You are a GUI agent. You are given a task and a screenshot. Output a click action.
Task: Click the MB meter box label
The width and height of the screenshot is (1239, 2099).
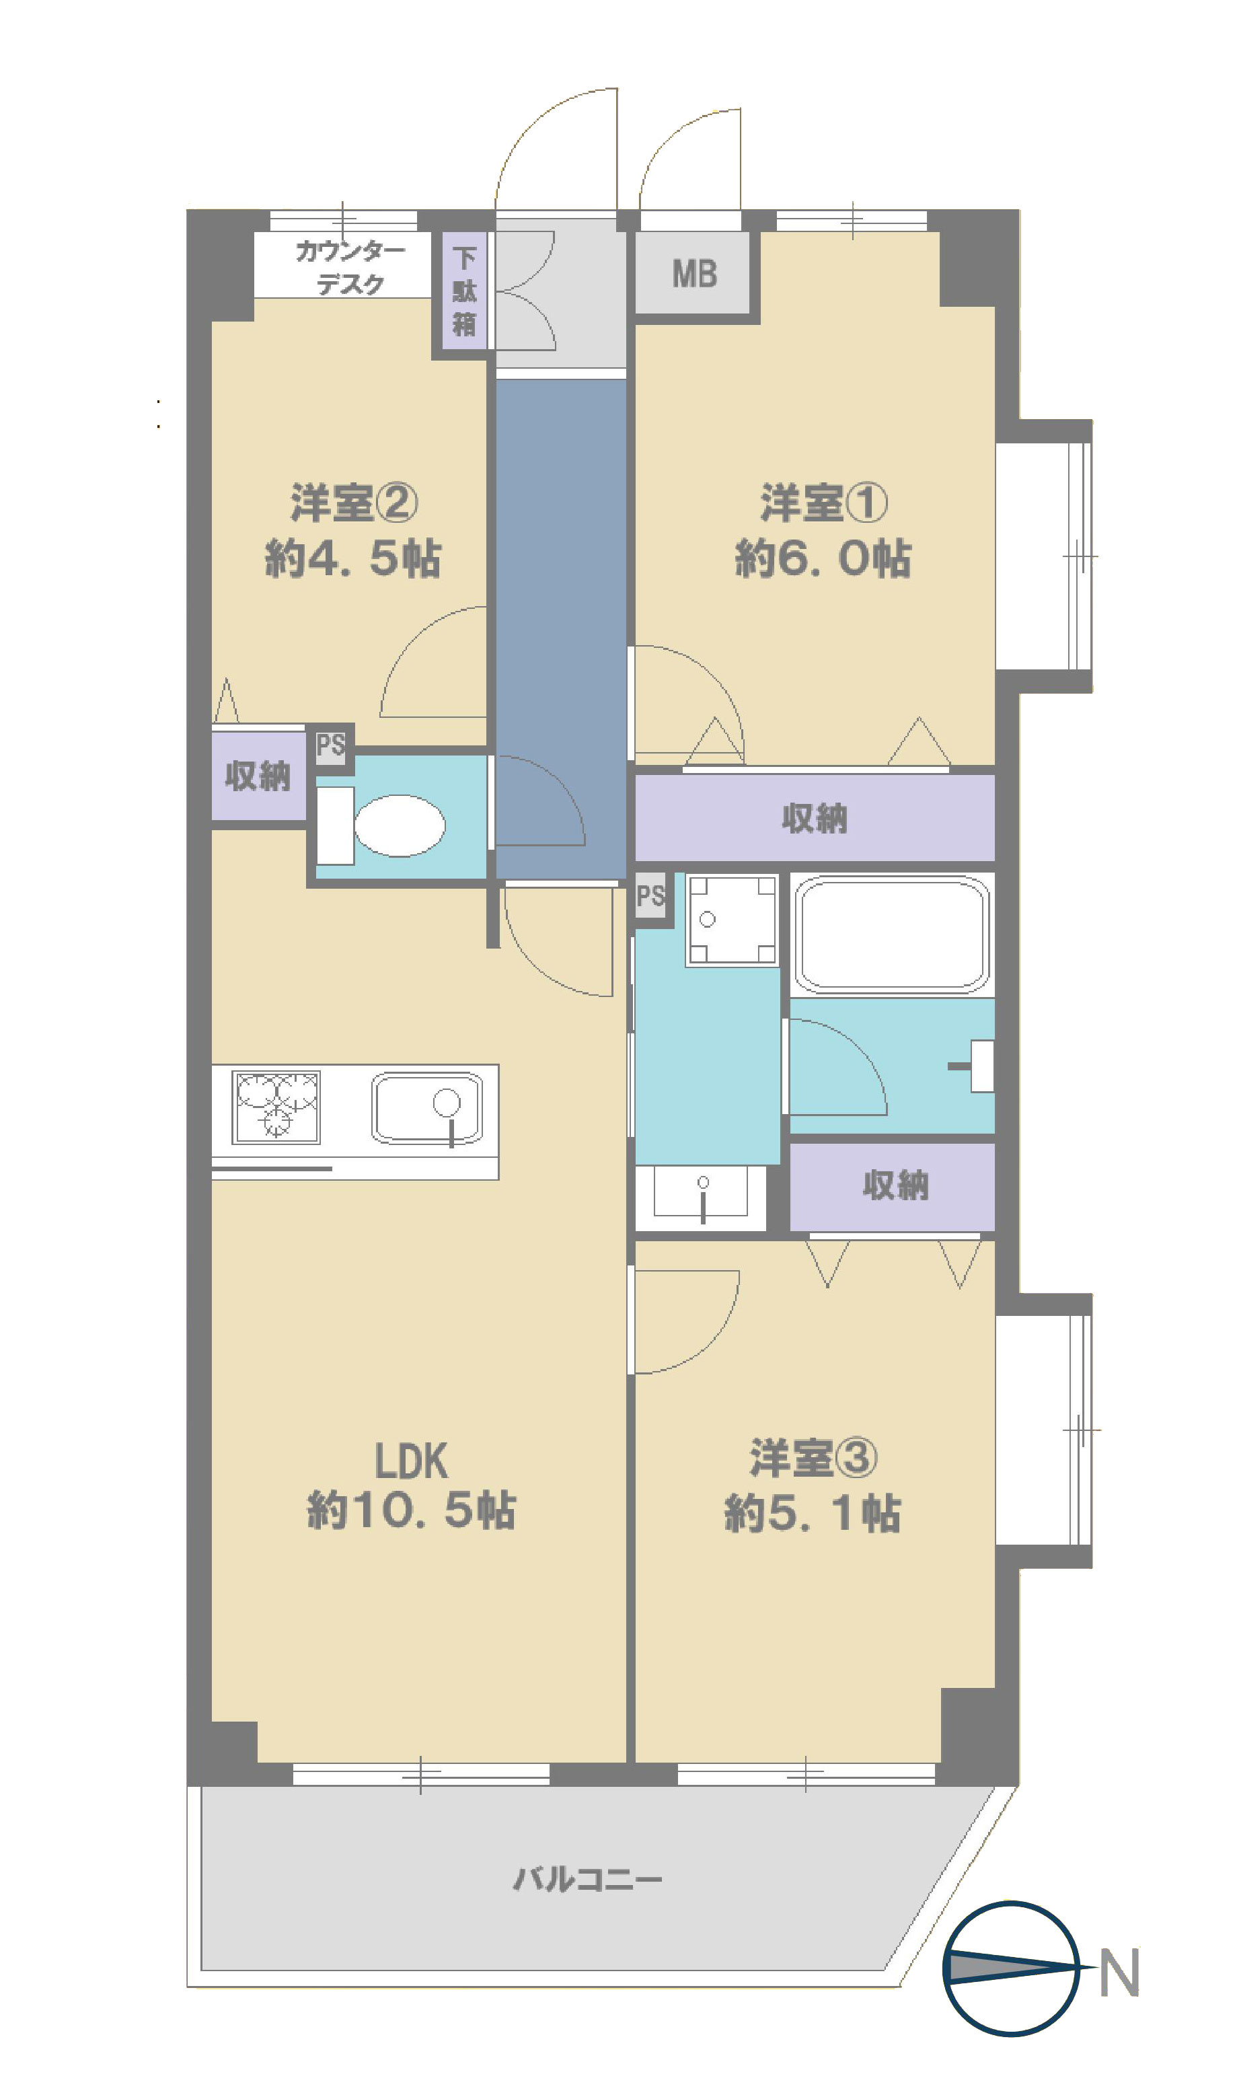tap(695, 274)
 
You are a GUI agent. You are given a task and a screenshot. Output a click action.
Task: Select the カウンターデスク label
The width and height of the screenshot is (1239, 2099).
tap(350, 267)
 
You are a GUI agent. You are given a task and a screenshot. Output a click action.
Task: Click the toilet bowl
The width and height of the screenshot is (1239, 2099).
tap(399, 825)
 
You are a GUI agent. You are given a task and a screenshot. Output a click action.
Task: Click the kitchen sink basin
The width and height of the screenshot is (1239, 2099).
tap(426, 1108)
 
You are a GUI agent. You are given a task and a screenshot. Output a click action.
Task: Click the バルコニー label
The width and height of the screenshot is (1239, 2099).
tap(588, 1880)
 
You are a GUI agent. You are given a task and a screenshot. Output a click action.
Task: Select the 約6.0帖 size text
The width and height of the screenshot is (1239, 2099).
tap(823, 558)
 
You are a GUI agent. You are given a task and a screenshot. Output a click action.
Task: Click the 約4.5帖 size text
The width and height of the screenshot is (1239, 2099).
tap(353, 558)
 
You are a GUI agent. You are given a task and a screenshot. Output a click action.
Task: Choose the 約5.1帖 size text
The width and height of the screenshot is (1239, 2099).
tap(813, 1514)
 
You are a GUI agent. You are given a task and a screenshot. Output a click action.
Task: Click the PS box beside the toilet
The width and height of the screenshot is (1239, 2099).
tap(331, 745)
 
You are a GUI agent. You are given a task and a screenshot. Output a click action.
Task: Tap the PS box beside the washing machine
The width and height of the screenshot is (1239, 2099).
tap(650, 896)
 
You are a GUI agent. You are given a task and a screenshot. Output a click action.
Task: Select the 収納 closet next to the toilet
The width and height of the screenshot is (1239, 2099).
tap(258, 776)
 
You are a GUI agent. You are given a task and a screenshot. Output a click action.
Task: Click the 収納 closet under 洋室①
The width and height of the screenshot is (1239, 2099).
tap(815, 818)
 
